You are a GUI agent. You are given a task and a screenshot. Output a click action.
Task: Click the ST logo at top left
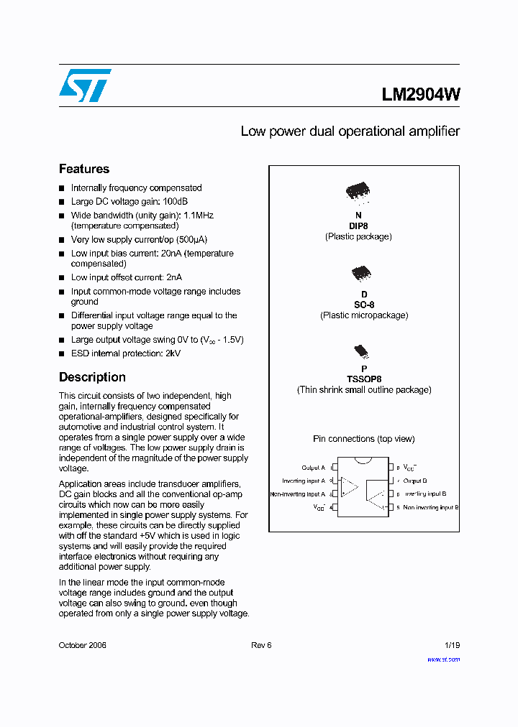point(85,85)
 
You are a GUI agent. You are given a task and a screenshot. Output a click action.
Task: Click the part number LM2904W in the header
point(421,94)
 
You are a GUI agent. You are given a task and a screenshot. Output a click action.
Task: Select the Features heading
point(84,169)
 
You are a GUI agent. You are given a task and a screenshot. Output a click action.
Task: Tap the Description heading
point(92,377)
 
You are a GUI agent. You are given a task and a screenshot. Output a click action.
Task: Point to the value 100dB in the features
point(175,202)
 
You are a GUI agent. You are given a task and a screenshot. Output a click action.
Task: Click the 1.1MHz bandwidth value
point(199,216)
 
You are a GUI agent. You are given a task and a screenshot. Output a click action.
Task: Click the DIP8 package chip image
point(358,191)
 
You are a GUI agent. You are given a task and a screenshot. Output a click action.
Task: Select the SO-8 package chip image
point(360,273)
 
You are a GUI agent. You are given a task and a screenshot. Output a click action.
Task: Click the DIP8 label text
point(358,226)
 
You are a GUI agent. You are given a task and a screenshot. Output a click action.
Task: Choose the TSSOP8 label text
point(364,379)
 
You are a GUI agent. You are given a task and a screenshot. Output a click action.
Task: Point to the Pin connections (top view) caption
point(363,439)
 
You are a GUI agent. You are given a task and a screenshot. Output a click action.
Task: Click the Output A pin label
point(313,468)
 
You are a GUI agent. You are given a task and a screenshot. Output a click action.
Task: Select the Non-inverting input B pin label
point(430,508)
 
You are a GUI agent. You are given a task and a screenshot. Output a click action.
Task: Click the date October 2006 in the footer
point(83,645)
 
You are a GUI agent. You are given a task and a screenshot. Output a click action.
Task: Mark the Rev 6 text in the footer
point(261,645)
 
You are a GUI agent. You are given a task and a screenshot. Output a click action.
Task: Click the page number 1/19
point(451,645)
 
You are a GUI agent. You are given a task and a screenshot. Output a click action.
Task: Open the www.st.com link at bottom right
point(443,659)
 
